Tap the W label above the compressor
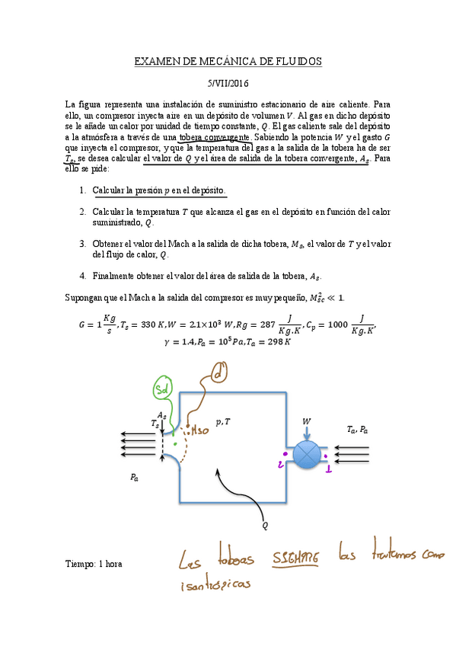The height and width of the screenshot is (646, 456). click(307, 421)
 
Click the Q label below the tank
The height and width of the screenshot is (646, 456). click(264, 525)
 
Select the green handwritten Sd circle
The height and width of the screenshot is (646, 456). click(162, 389)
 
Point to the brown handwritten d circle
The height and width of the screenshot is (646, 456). click(219, 374)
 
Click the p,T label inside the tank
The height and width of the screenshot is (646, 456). click(223, 421)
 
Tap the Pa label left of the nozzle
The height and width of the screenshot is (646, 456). click(134, 478)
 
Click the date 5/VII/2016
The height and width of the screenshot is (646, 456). click(228, 84)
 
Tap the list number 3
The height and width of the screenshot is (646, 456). click(82, 244)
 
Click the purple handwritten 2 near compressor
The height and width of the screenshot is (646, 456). click(282, 462)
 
